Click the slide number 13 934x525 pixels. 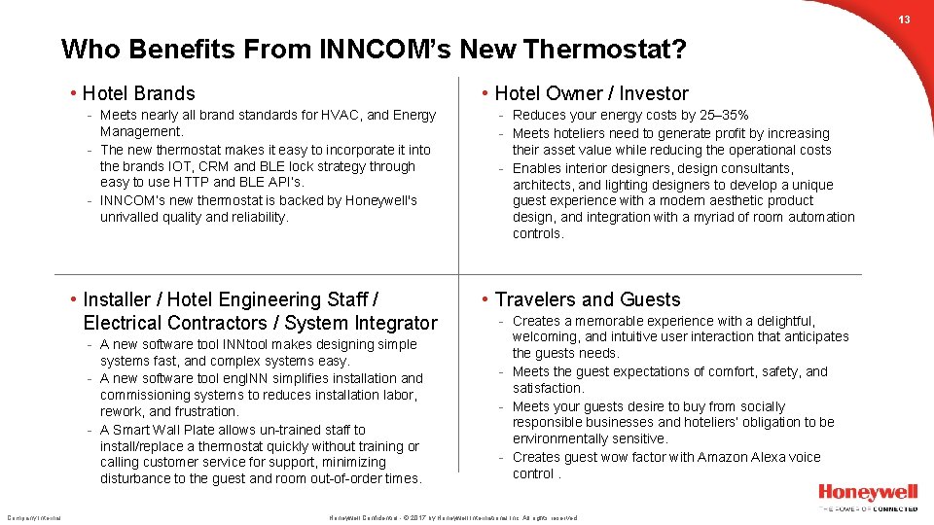coord(904,19)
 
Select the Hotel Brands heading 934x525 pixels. coord(138,93)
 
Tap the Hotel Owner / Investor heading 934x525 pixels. coord(592,93)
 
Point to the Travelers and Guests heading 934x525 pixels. coord(588,299)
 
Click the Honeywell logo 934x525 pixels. coord(867,493)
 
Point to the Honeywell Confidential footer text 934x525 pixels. coord(362,518)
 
